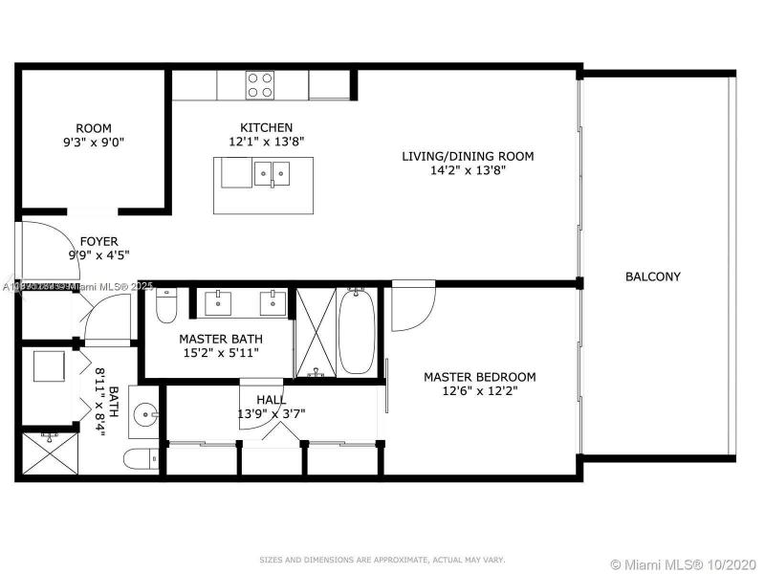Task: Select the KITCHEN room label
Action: pyautogui.click(x=266, y=127)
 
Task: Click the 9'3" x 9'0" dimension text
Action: pyautogui.click(x=94, y=143)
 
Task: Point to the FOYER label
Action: pyautogui.click(x=98, y=241)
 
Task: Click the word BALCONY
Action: pyautogui.click(x=653, y=276)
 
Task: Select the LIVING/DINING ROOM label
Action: pyautogui.click(x=467, y=156)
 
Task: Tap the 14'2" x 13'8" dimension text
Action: pyautogui.click(x=467, y=170)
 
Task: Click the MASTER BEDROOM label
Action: pyautogui.click(x=479, y=377)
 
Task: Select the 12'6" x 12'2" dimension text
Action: pyautogui.click(x=479, y=391)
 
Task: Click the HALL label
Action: pyautogui.click(x=271, y=399)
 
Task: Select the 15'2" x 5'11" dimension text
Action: pyautogui.click(x=221, y=352)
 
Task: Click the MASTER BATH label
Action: pyautogui.click(x=221, y=338)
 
